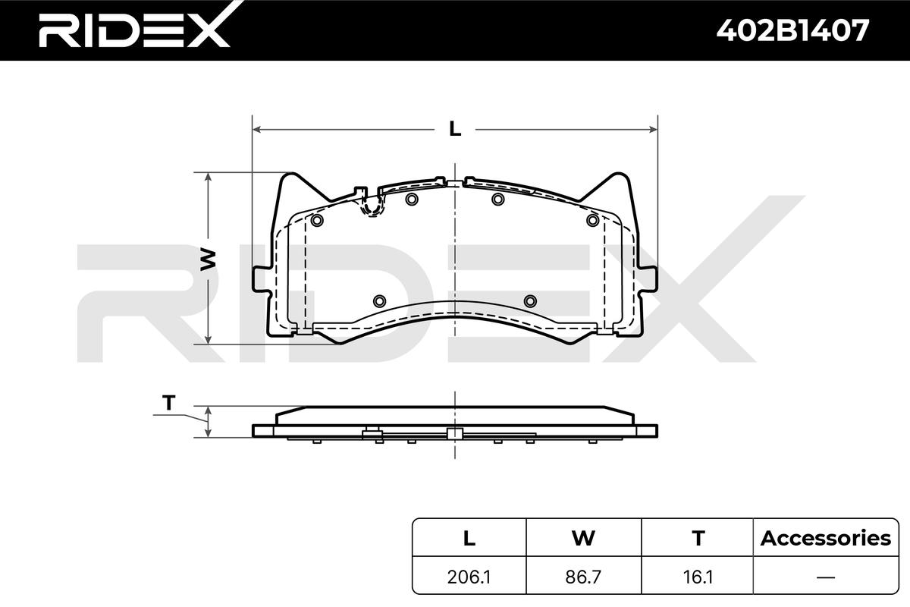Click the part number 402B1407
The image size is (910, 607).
pyautogui.click(x=792, y=30)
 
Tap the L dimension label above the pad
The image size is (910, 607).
pyautogui.click(x=454, y=129)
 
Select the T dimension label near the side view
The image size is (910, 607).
pyautogui.click(x=168, y=402)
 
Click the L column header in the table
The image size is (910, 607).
pyautogui.click(x=469, y=538)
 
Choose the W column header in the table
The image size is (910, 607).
pyautogui.click(x=583, y=538)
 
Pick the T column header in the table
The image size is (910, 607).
pyautogui.click(x=698, y=538)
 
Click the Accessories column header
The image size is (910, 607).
pyautogui.click(x=826, y=538)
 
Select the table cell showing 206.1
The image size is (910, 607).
pyautogui.click(x=469, y=577)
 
